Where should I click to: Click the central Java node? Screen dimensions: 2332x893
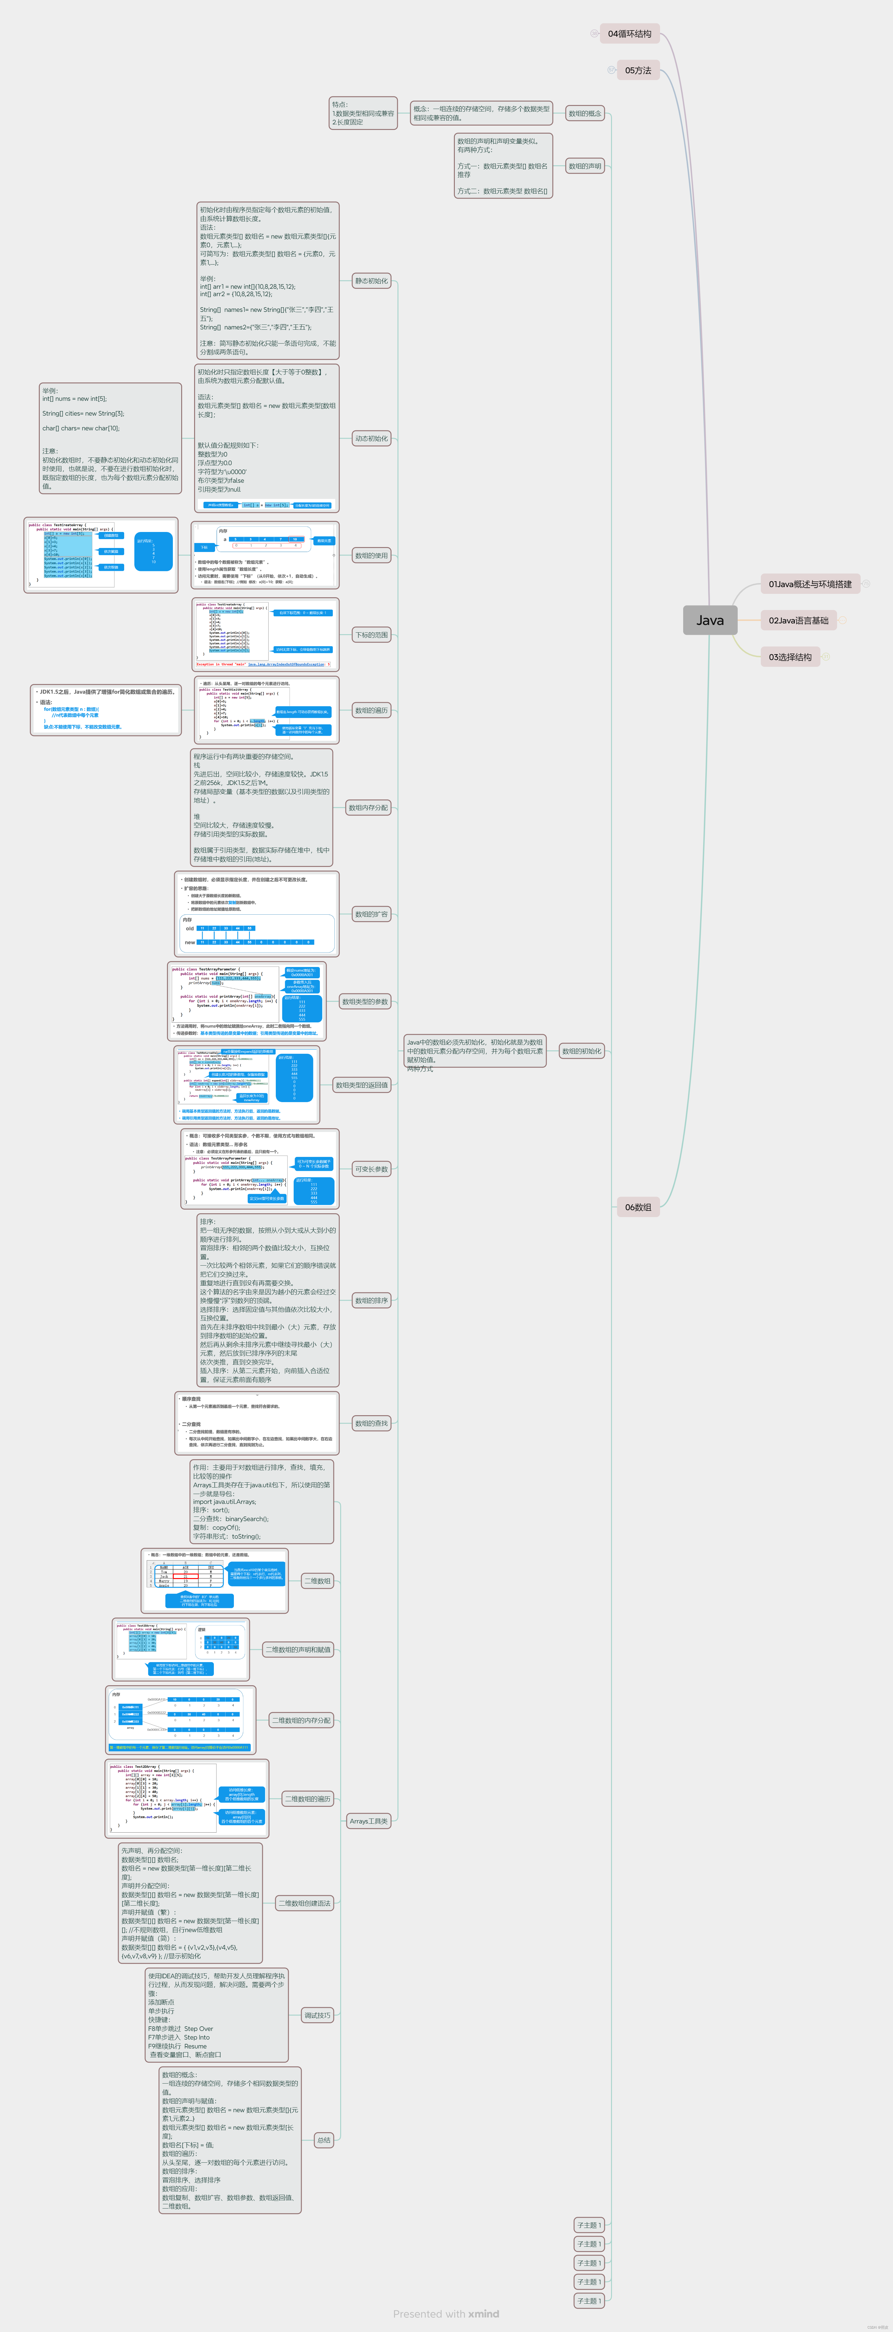(710, 620)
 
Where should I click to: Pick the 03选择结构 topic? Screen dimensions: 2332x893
(790, 656)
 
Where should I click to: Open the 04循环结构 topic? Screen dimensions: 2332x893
(630, 34)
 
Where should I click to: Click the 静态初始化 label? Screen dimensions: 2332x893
(371, 281)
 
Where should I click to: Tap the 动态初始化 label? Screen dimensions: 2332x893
(371, 438)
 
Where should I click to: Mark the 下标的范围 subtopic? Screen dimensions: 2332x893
(371, 634)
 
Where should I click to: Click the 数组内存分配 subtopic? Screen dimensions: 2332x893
(369, 808)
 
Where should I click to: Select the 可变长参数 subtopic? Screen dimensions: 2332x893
(371, 1169)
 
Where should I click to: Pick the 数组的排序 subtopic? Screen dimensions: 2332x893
(371, 1300)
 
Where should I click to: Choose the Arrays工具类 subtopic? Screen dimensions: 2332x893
(369, 1821)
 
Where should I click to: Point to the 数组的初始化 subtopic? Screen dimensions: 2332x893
(581, 1051)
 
